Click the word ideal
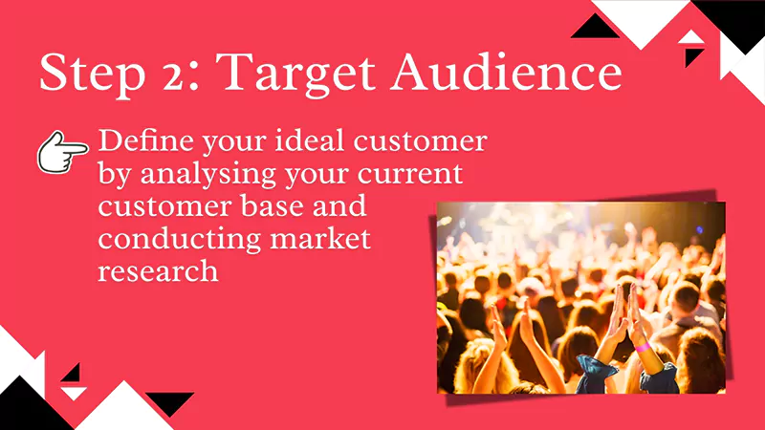305,143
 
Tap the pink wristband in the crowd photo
643,346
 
